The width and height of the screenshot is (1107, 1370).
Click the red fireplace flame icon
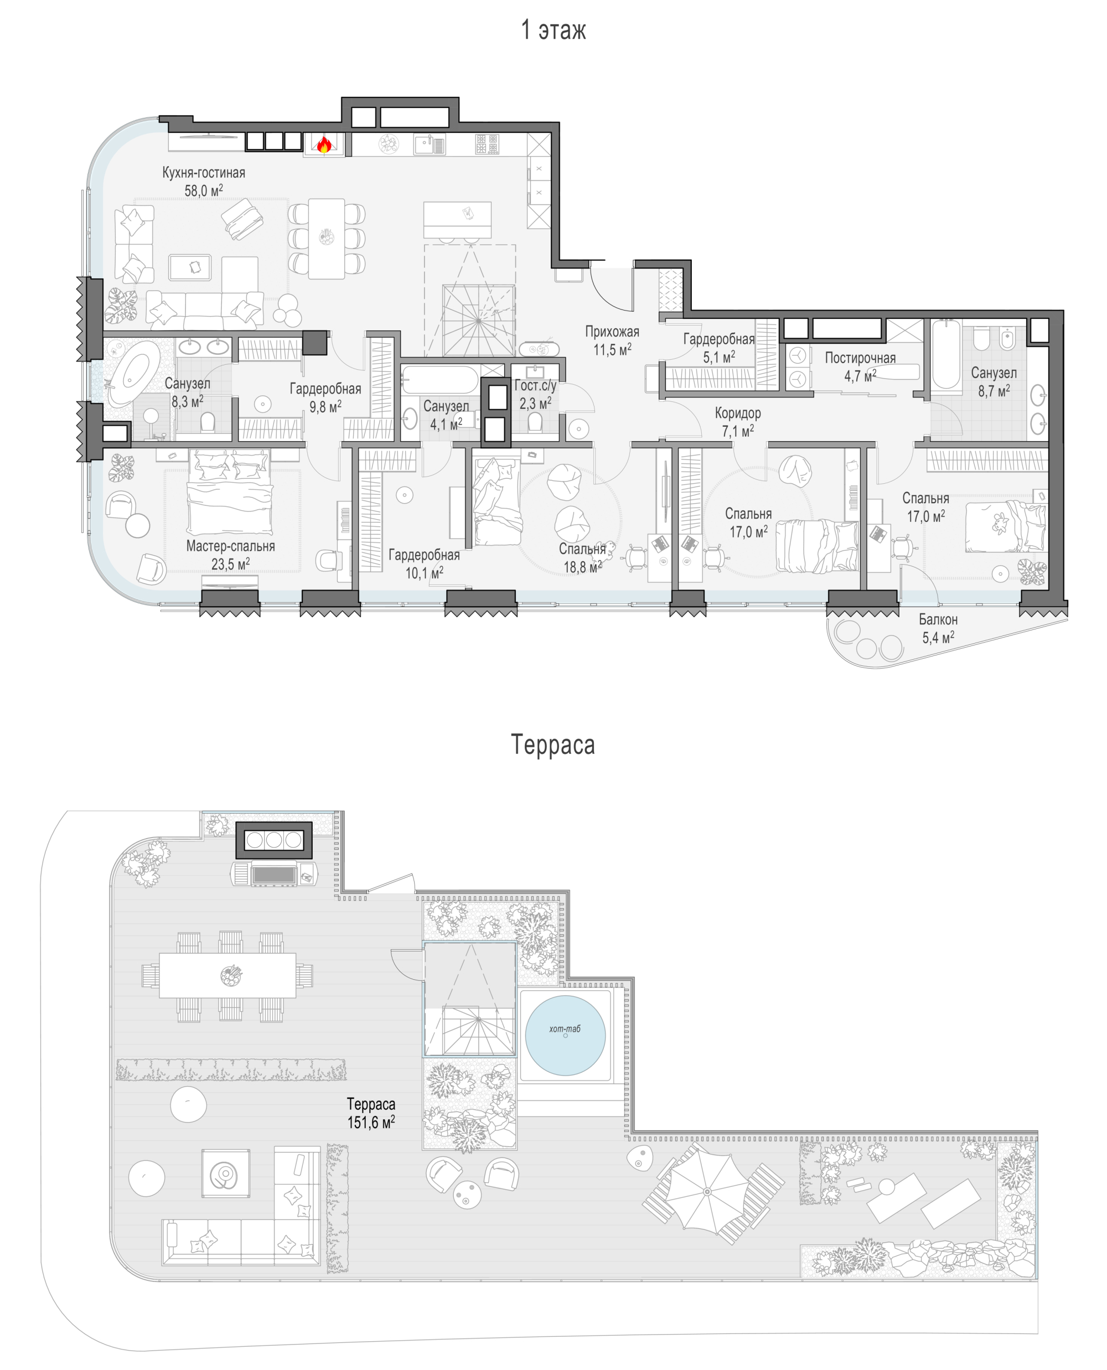324,145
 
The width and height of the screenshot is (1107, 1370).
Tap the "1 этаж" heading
553,30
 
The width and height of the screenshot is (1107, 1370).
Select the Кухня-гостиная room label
204,172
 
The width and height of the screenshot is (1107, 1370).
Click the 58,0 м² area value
204,190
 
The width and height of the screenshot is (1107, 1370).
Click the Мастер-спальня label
230,546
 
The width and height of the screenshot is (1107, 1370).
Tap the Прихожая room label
612,331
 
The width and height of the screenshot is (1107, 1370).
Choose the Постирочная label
860,358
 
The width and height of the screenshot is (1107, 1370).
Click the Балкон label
938,619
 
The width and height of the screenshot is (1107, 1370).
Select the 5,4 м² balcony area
938,637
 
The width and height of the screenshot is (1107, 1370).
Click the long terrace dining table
227,975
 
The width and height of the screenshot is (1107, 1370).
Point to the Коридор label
738,412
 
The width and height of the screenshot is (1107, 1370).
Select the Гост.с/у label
536,385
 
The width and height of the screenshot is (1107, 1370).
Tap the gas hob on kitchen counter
488,144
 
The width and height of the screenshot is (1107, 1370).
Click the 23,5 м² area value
230,564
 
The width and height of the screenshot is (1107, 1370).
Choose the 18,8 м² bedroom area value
582,566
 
